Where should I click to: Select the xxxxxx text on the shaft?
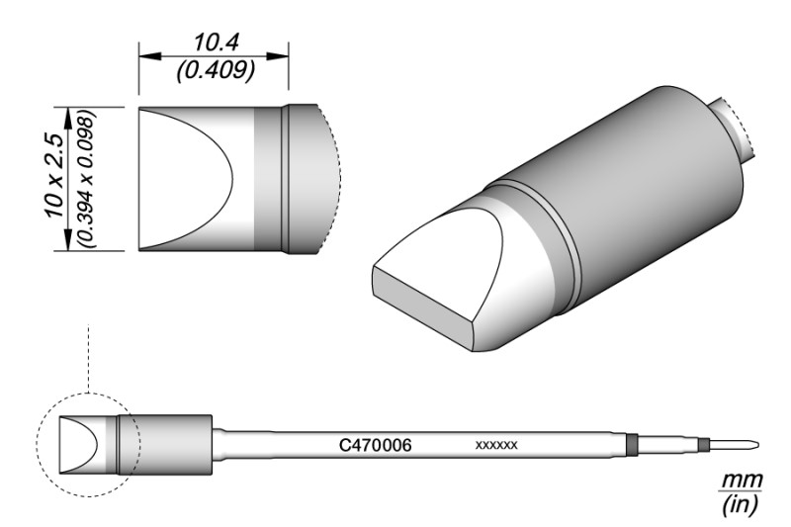pos(496,447)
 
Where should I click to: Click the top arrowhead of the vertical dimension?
pos(67,113)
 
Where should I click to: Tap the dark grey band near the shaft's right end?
pos(632,446)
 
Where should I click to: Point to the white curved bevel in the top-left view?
pos(188,178)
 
